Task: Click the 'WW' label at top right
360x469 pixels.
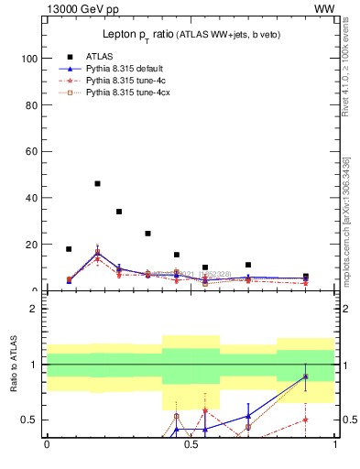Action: coord(324,9)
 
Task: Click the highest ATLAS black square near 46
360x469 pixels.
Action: coord(97,183)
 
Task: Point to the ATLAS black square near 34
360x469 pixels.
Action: coord(119,212)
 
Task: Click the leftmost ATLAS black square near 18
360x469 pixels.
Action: coord(69,249)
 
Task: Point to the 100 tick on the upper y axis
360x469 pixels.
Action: coord(27,59)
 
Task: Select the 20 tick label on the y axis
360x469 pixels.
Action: coord(30,245)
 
